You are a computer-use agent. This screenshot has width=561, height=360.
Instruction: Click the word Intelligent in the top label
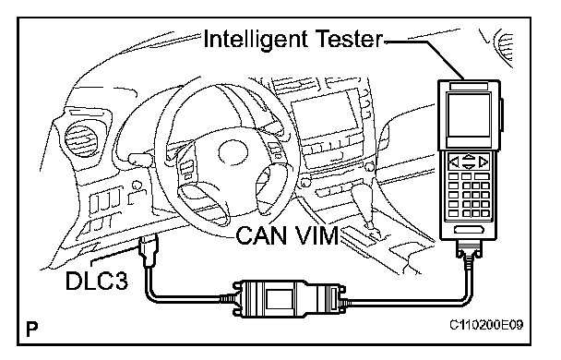[256, 40]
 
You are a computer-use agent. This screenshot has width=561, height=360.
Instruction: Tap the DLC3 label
[97, 281]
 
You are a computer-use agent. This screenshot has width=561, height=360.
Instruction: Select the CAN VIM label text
[287, 235]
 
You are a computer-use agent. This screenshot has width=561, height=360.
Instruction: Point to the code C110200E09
[486, 325]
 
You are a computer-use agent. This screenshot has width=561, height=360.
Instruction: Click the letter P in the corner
[32, 329]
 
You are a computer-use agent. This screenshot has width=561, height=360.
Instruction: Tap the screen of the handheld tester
[469, 114]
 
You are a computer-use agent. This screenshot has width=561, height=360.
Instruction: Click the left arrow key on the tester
[454, 162]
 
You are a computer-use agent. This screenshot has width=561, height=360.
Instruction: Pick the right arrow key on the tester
[483, 162]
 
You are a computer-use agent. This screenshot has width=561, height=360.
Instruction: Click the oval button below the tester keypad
[469, 229]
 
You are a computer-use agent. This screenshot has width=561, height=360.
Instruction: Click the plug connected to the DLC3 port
[149, 250]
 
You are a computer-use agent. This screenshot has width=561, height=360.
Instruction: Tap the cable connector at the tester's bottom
[469, 250]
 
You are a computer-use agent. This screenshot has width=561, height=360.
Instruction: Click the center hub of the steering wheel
[233, 153]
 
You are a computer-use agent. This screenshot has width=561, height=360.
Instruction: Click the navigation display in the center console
[325, 115]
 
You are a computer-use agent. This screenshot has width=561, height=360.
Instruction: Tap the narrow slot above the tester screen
[469, 86]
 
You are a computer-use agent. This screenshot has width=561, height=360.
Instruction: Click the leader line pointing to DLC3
[115, 255]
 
